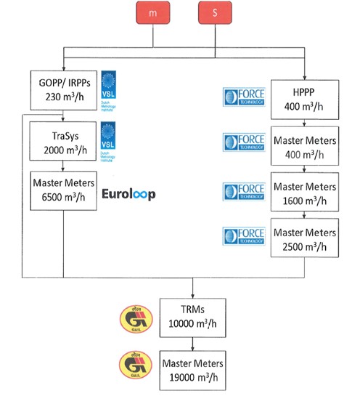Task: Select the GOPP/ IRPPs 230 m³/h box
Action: [63, 88]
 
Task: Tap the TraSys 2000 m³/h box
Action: [63, 139]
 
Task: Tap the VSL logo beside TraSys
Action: [108, 139]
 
